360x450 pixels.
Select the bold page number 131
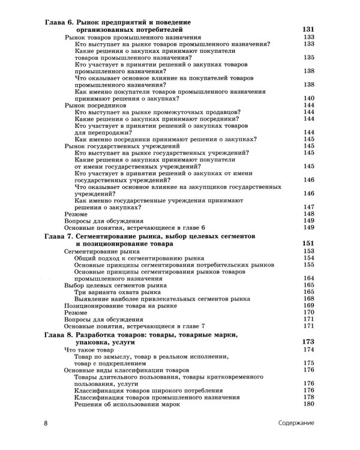tap(307, 29)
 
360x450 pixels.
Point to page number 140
tap(310, 98)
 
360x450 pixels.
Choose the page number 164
tap(310, 278)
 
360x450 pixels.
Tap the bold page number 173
tap(307, 341)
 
